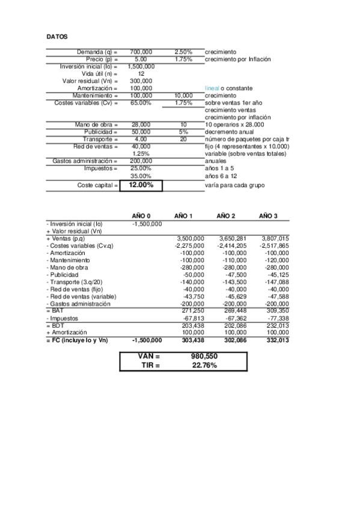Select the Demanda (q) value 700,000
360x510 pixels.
point(141,52)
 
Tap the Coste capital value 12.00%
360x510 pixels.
point(141,185)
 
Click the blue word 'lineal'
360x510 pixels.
point(212,88)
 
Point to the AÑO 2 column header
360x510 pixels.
point(225,216)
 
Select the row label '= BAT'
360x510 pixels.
point(55,310)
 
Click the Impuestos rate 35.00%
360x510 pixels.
point(141,176)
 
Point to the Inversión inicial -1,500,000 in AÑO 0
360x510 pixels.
point(147,224)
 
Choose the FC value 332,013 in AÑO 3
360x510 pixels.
point(277,340)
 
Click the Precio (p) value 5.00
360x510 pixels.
point(141,60)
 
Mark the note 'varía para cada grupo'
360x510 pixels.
point(234,185)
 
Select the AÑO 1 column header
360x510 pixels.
point(183,216)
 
